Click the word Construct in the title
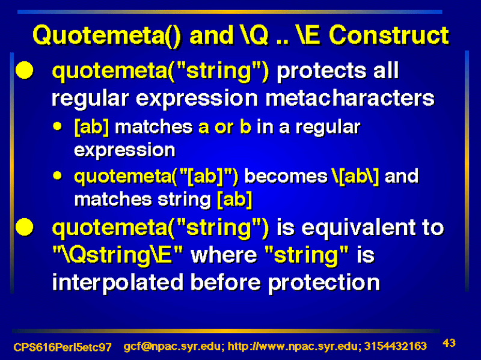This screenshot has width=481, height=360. pos(389,35)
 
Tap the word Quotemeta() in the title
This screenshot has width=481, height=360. pos(107,36)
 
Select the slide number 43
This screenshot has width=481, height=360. pos(449,343)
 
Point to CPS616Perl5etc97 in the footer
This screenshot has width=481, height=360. pos(63,347)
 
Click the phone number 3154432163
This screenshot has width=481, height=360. pos(396,346)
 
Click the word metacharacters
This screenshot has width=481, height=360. pos(350,98)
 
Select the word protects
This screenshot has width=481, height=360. pos(322,72)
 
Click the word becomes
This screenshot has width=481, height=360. pos(286,176)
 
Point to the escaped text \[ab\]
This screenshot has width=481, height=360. pos(355,177)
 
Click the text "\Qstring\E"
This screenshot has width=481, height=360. pos(117,255)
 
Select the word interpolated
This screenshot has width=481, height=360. pos(118,282)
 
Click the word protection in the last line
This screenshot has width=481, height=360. pos(323,282)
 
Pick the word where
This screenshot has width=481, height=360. pos(224,255)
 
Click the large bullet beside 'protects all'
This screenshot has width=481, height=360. pos(25,70)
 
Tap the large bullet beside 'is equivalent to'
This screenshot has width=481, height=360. pos(25,227)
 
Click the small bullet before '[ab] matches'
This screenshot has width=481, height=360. pos(57,126)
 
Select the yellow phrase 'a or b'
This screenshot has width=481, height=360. pos(225,127)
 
